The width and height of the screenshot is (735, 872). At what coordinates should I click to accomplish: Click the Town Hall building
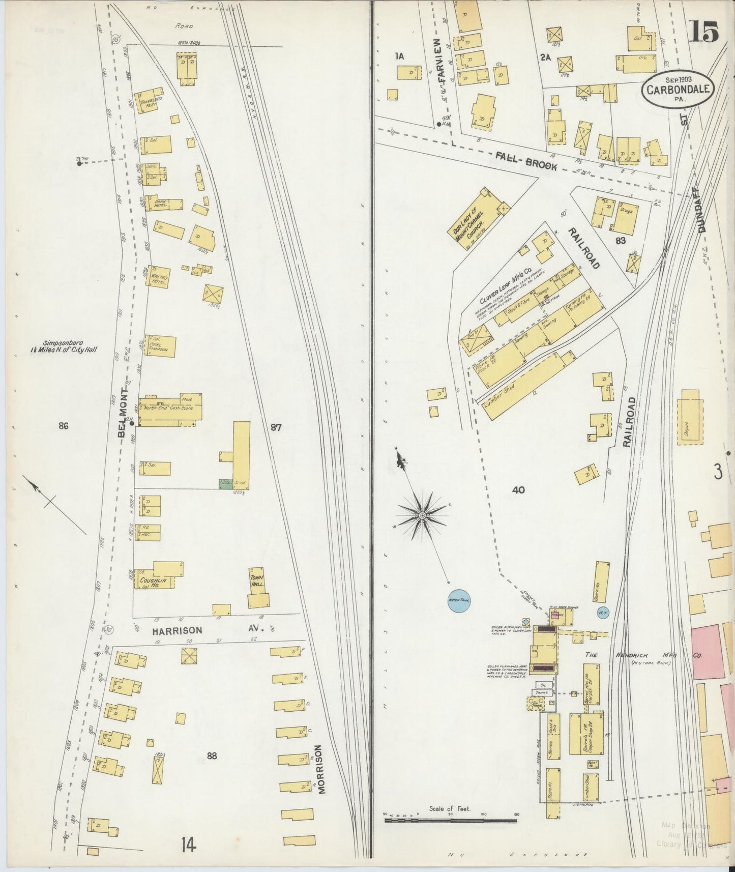click(258, 588)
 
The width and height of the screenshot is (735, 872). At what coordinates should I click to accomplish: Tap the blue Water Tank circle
click(458, 601)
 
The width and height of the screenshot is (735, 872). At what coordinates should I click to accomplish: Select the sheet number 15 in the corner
click(704, 34)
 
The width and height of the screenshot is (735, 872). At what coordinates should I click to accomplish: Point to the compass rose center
click(422, 516)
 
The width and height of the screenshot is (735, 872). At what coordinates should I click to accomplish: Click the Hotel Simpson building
click(161, 346)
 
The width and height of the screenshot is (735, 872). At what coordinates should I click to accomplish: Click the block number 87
click(276, 428)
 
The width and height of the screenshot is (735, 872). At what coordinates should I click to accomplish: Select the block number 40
click(518, 490)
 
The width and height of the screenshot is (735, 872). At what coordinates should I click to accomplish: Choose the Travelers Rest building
click(147, 102)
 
